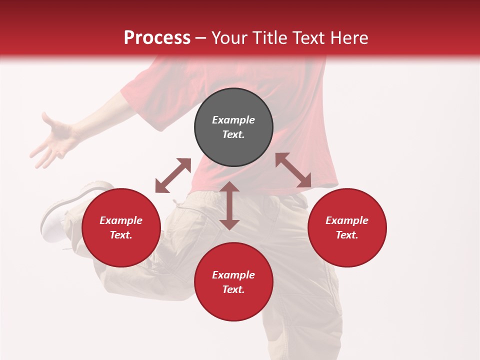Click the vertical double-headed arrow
(229, 205)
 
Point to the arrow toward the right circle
(293, 170)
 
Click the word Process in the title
(157, 37)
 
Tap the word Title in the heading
(270, 37)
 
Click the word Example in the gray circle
(233, 120)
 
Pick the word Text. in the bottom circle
(233, 289)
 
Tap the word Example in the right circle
(347, 220)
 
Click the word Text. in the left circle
(121, 235)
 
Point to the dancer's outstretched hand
(52, 140)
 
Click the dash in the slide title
(201, 38)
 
